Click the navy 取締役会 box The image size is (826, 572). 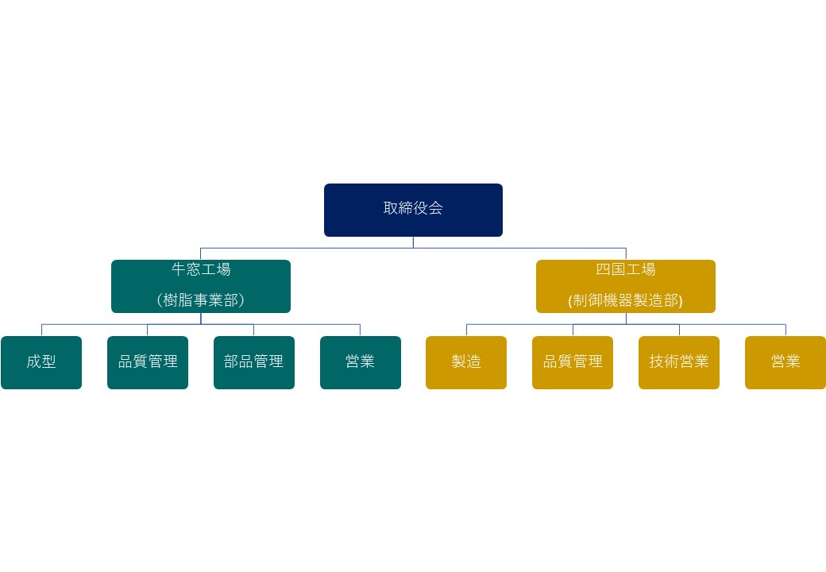coord(413,211)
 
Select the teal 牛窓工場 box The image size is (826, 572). coord(201,286)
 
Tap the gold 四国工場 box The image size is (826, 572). coord(626,286)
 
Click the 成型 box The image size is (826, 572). coord(41,362)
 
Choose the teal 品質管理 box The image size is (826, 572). coord(148,362)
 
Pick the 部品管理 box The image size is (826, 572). coord(254,362)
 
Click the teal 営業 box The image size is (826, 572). coord(361,362)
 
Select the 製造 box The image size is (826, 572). coord(466,362)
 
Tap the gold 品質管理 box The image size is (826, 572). coord(573,362)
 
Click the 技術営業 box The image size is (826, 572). coord(679,362)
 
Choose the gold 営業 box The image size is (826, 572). coord(785,362)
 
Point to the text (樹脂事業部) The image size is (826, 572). coord(201,300)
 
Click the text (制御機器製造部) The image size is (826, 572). coord(626,300)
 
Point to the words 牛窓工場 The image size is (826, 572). coord(201,269)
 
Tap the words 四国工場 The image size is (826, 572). coord(626,269)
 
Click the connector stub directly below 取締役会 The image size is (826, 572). coord(413,242)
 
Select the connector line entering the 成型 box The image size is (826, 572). coord(41,330)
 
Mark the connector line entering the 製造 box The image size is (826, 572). coord(466,330)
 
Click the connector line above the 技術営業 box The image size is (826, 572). coord(679,330)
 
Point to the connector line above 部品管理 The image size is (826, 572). coord(254,330)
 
